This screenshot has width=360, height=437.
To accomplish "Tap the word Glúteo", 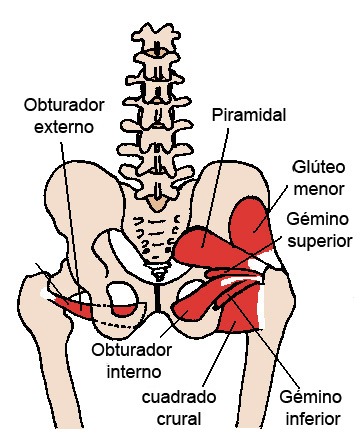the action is (318, 165).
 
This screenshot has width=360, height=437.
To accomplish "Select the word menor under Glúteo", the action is (319, 188).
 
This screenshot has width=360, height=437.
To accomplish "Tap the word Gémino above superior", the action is (318, 218).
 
